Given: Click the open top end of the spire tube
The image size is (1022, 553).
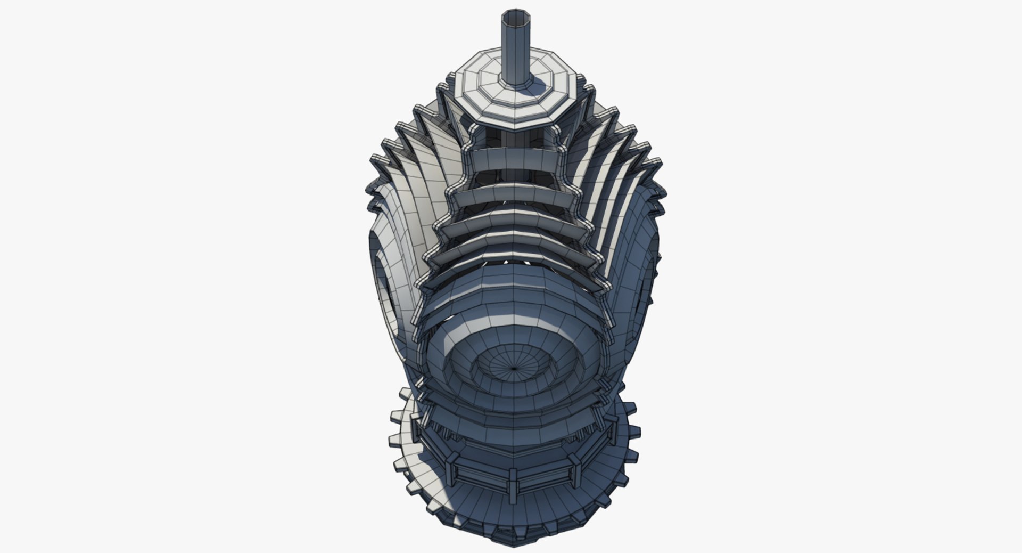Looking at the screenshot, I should tap(516, 17).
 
